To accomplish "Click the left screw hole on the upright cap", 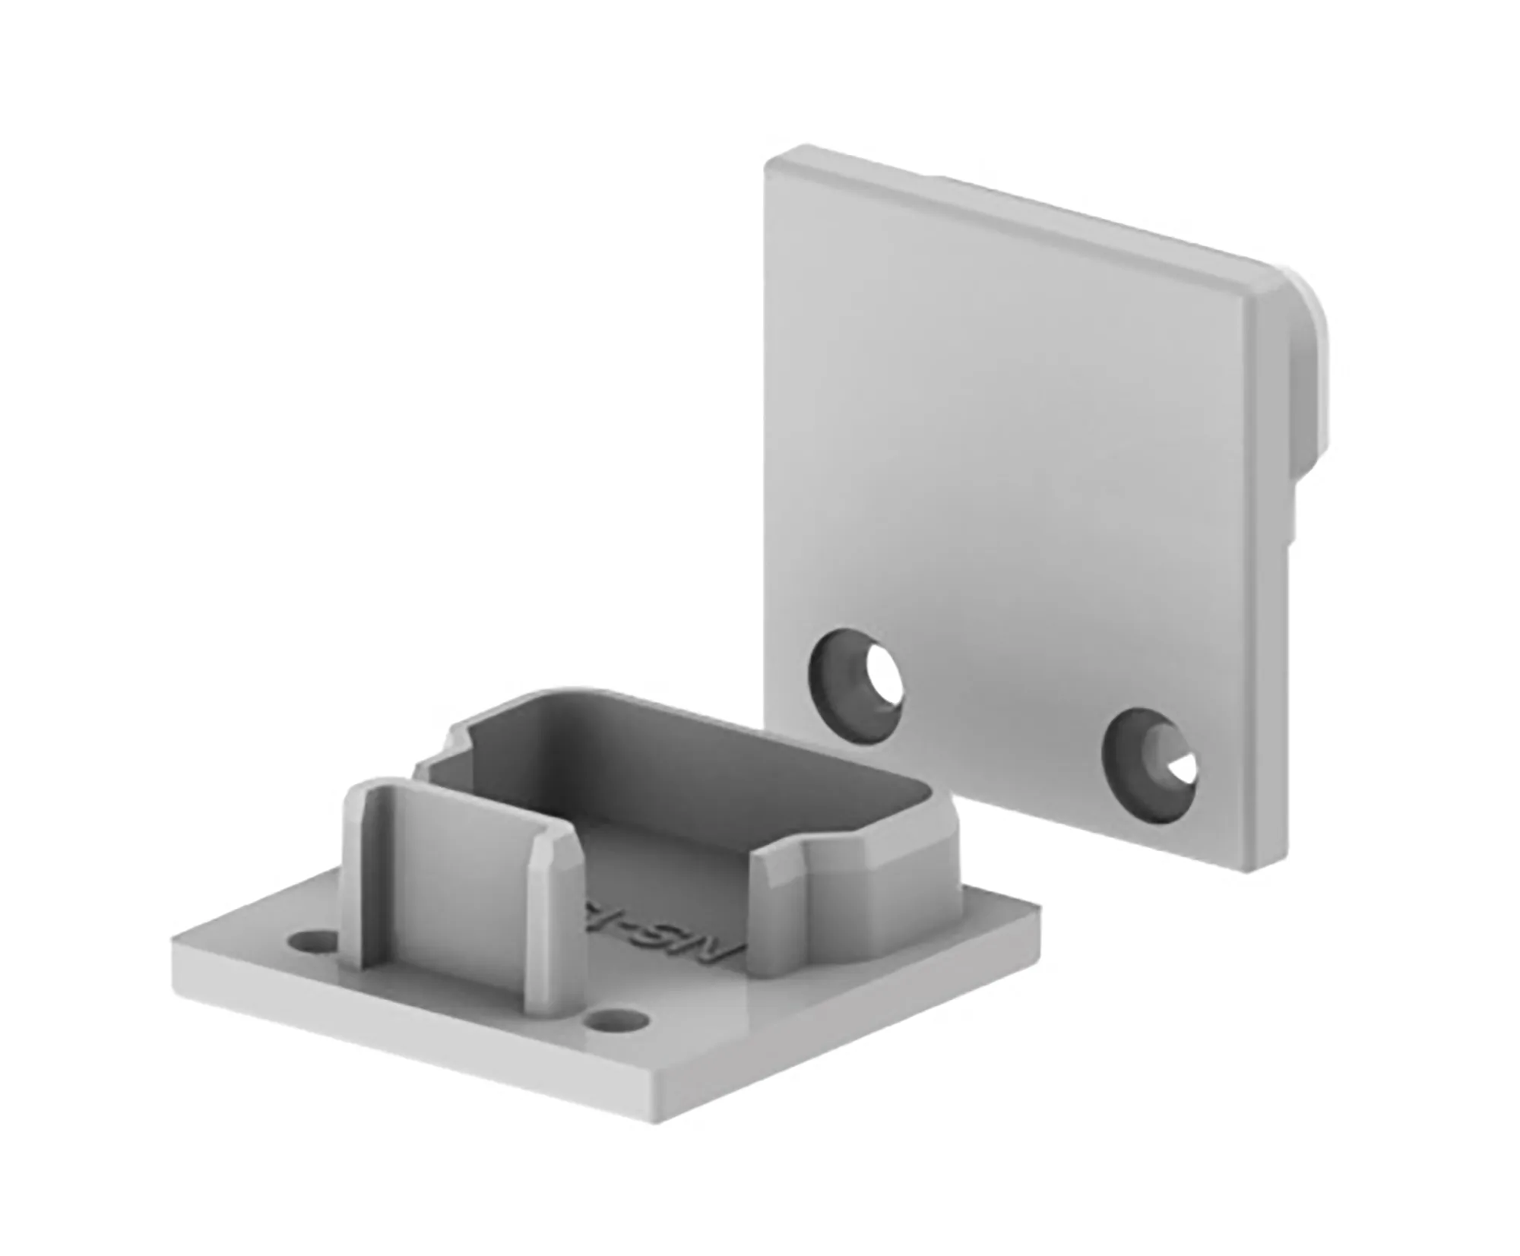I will pos(857,672).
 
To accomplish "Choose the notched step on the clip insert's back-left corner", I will pos(456,739).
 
